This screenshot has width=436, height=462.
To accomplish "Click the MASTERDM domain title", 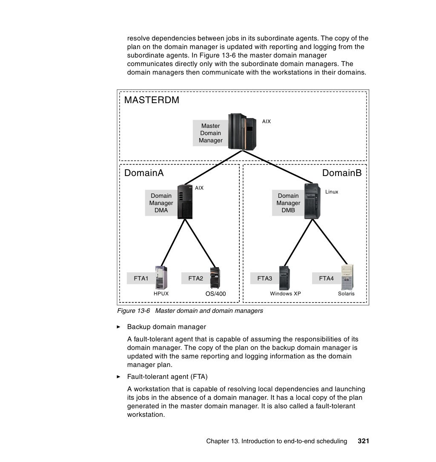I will [152, 100].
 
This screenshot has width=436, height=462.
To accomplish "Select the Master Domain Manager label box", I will [210, 133].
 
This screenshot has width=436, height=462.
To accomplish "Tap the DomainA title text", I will [144, 173].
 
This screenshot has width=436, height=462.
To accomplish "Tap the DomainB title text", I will [341, 173].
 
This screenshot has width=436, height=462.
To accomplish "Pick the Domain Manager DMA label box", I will [161, 203].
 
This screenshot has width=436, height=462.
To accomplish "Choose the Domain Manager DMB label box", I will [288, 203].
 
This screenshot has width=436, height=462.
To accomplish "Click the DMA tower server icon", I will [185, 202].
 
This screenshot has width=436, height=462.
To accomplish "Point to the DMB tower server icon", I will [313, 201].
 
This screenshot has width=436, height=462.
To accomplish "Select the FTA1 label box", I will [141, 279].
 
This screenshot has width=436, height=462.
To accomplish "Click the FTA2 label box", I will [195, 279].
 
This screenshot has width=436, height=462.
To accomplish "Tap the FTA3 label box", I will [264, 279].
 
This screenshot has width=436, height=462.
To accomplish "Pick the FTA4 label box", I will [326, 279].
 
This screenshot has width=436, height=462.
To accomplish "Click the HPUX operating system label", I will [161, 294].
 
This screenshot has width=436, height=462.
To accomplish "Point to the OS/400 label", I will [215, 294].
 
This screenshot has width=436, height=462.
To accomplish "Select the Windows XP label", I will [285, 294].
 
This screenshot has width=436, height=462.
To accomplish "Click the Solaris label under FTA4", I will [346, 294].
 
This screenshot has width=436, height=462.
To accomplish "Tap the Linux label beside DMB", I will [332, 192].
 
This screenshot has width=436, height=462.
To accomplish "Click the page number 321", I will [363, 441].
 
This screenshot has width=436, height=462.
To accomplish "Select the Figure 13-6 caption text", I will [190, 311].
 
